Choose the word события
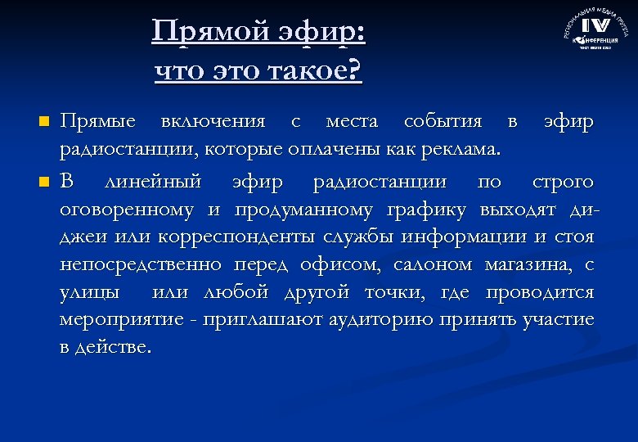coord(443,122)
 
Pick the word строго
coord(563,181)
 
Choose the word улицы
coord(88,293)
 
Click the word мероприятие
coord(110,320)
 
